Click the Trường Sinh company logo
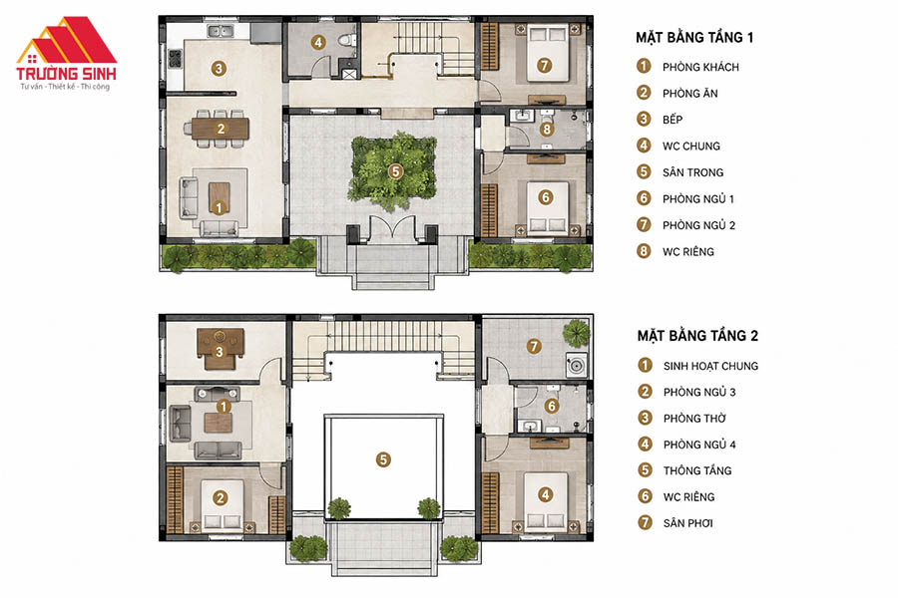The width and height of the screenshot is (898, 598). (x=67, y=53)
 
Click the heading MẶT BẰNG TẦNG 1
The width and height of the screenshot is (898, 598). (x=694, y=38)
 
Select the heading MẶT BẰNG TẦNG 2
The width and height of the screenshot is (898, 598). (x=697, y=336)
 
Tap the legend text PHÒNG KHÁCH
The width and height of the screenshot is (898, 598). (x=700, y=67)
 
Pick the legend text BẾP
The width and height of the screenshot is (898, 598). (x=673, y=119)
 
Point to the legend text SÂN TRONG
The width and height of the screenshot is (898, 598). (x=693, y=172)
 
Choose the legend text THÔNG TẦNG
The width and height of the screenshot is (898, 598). (x=697, y=470)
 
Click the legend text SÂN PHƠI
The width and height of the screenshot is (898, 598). (x=687, y=523)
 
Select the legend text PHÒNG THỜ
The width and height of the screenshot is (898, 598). (x=694, y=419)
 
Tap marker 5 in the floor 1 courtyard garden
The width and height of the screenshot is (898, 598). (x=395, y=171)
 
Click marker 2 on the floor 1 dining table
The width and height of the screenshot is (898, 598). (x=222, y=129)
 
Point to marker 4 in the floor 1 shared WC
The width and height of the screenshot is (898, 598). (x=318, y=42)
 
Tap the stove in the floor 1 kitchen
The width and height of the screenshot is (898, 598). (x=175, y=59)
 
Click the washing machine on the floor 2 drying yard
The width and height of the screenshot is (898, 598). (x=577, y=364)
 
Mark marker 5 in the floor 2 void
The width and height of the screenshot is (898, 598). (x=383, y=459)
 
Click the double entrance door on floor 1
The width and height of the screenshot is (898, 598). (x=392, y=227)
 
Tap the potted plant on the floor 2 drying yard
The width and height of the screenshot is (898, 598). (x=576, y=333)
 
